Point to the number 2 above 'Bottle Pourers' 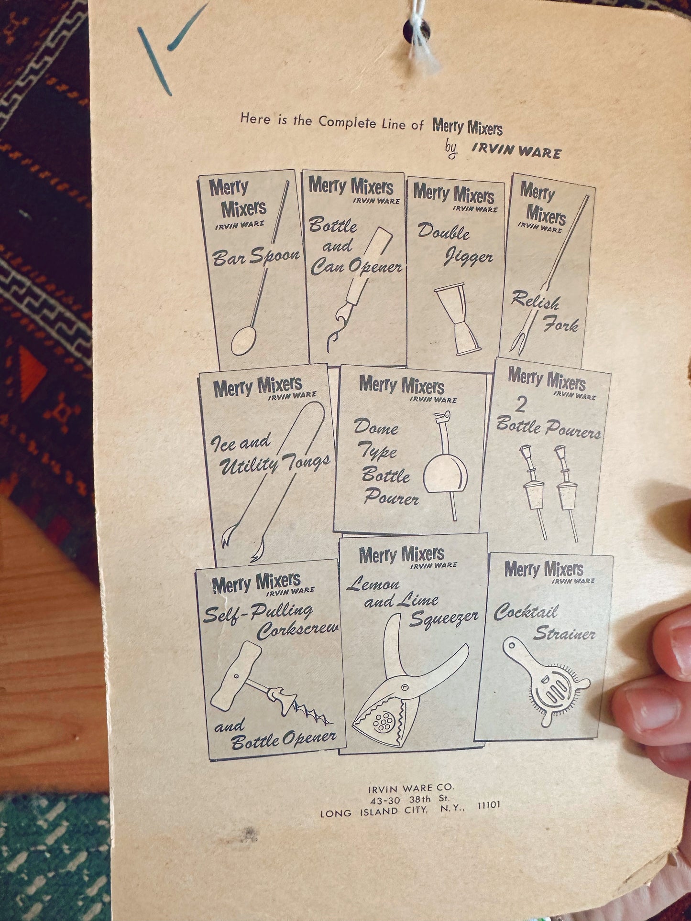point(520,405)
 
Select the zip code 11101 point(489,804)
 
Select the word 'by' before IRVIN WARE point(451,150)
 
